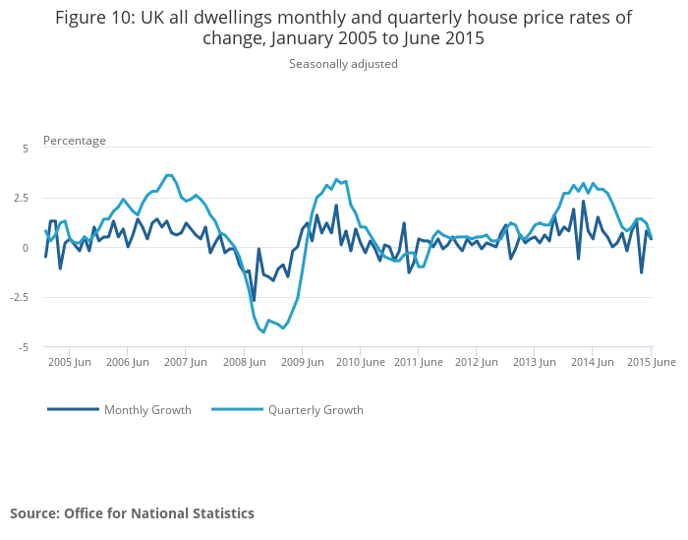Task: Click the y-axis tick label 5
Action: (27, 148)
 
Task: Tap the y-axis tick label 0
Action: (27, 248)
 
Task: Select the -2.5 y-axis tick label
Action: (22, 298)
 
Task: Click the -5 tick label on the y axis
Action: (25, 348)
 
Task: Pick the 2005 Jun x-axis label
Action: (70, 362)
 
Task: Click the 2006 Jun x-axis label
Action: (128, 362)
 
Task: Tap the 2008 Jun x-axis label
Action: (245, 362)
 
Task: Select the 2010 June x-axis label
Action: (361, 362)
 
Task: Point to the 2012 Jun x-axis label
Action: (477, 362)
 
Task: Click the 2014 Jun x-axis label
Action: (593, 362)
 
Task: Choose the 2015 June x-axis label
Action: (652, 362)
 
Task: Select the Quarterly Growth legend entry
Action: (315, 410)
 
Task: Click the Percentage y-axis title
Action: (75, 141)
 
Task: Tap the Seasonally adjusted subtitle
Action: (343, 64)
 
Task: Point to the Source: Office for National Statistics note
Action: (132, 513)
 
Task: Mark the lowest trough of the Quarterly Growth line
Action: (263, 331)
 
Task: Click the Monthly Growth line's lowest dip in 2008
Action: (254, 300)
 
